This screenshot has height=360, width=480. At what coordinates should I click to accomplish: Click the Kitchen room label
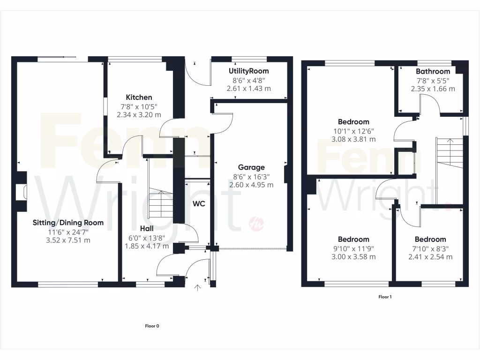tap(139, 97)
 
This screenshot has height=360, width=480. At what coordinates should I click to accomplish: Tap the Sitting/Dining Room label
tap(68, 223)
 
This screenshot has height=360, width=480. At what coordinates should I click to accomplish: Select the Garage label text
tap(251, 167)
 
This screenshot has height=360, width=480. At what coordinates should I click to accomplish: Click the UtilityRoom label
tap(249, 71)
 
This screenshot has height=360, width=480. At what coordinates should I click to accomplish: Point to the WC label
tap(198, 204)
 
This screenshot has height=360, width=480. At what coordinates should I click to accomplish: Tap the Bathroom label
tap(433, 71)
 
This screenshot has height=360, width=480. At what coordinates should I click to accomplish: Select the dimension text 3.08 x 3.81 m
tap(353, 139)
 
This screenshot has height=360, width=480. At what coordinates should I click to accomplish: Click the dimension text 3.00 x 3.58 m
tap(353, 257)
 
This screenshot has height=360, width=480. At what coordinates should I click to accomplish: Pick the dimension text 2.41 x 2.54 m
tap(430, 257)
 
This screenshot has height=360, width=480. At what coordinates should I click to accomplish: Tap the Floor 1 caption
tap(385, 297)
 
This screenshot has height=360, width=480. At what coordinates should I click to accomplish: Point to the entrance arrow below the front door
tap(197, 287)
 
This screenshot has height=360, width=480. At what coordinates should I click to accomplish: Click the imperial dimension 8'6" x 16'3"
tap(251, 176)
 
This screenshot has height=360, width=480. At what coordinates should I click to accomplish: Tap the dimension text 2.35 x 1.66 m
tap(433, 89)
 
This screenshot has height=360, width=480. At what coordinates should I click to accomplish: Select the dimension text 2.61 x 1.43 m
tap(249, 88)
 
